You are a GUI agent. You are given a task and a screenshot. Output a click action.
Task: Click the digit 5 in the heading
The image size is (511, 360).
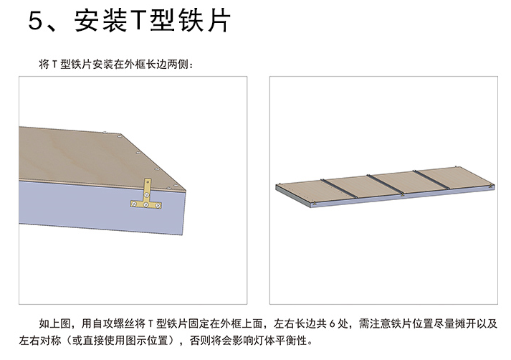pos(36,21)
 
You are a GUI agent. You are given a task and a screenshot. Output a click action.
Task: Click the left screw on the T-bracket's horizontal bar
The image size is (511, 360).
pos(133,204)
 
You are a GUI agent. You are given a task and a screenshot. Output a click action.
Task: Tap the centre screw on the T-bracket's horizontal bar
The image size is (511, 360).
pos(145,205)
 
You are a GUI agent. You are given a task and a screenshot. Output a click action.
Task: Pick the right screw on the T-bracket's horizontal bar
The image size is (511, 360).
pos(158,205)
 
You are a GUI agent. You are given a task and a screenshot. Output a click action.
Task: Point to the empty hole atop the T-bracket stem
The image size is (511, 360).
pos(148,181)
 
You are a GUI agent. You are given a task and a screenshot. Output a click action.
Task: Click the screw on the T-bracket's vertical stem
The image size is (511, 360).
pos(147,195)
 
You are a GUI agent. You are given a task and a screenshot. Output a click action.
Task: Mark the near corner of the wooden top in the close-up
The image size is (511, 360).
pos(186,190)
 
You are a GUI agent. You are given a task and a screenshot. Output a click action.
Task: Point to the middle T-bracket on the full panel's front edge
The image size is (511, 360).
pos(402,194)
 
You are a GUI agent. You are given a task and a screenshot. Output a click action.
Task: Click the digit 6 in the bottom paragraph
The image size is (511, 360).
pos(332,324)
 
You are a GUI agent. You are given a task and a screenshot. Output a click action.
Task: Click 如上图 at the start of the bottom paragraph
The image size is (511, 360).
pos(54,323)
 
